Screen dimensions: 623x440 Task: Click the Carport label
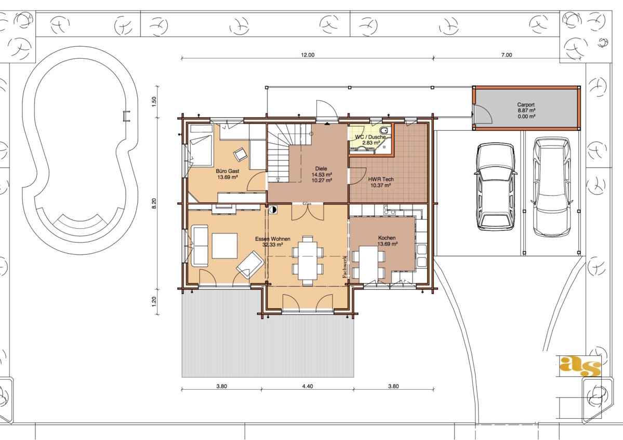tap(526, 105)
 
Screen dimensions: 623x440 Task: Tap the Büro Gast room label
tap(228, 171)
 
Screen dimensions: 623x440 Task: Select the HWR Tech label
tap(381, 180)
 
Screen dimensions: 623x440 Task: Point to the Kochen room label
tap(387, 238)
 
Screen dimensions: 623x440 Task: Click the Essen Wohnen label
tap(273, 239)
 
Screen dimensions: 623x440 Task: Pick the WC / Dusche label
tap(370, 137)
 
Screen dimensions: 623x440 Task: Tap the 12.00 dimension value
tap(308, 55)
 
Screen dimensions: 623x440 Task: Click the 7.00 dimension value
tap(507, 55)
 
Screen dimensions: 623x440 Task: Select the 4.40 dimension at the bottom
tap(308, 386)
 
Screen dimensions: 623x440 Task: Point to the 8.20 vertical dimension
tap(154, 203)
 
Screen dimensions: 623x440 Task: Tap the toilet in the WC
tap(384, 131)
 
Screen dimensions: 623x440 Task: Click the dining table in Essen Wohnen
tap(308, 260)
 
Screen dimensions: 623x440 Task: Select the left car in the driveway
tap(496, 187)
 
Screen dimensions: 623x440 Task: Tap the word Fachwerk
tap(345, 267)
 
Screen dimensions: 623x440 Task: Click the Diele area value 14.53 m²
tap(322, 174)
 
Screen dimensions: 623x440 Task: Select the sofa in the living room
tap(200, 245)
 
